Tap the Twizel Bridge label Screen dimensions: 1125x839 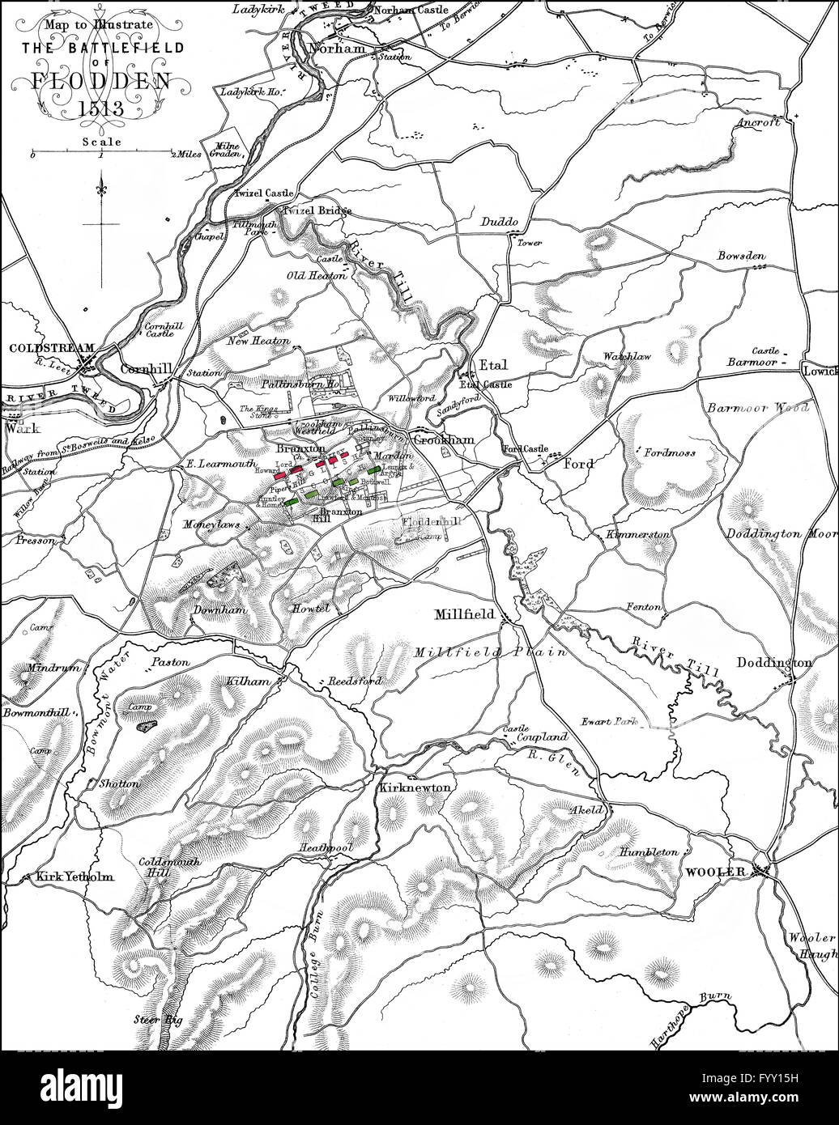317,210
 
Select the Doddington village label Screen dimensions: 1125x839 773,663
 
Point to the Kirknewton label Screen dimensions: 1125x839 413,787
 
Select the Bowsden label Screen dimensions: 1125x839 740,257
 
